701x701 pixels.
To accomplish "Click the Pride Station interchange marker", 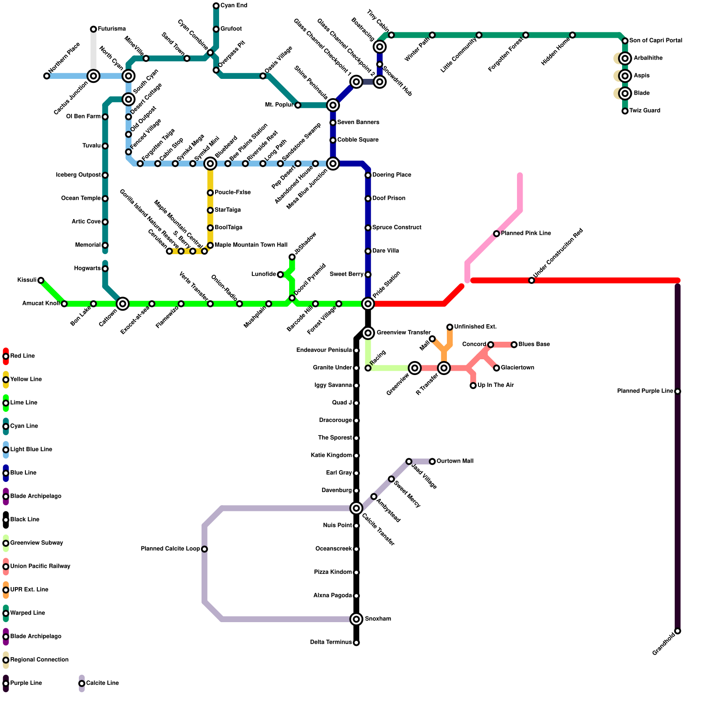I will (368, 304).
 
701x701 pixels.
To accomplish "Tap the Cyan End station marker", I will (216, 6).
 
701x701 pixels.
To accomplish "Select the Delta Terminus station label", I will (331, 642).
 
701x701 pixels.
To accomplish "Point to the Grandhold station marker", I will (678, 631).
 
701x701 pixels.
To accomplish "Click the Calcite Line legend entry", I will (102, 683).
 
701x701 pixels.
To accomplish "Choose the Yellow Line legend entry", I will (26, 379).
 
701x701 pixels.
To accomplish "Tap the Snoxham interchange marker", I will (356, 619).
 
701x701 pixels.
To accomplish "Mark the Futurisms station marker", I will (93, 29).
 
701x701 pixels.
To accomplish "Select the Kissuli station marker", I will (41, 280).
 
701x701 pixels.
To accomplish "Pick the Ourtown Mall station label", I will (455, 461).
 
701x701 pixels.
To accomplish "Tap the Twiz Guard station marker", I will (625, 111).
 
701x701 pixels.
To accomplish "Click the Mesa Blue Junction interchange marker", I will (333, 163).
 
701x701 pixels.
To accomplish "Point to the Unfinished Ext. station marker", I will (450, 327).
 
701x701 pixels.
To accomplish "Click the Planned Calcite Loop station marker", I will (205, 549).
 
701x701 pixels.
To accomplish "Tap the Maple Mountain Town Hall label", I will (251, 245).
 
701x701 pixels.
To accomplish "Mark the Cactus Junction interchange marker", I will (93, 76).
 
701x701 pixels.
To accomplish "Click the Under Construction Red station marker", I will (531, 280).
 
